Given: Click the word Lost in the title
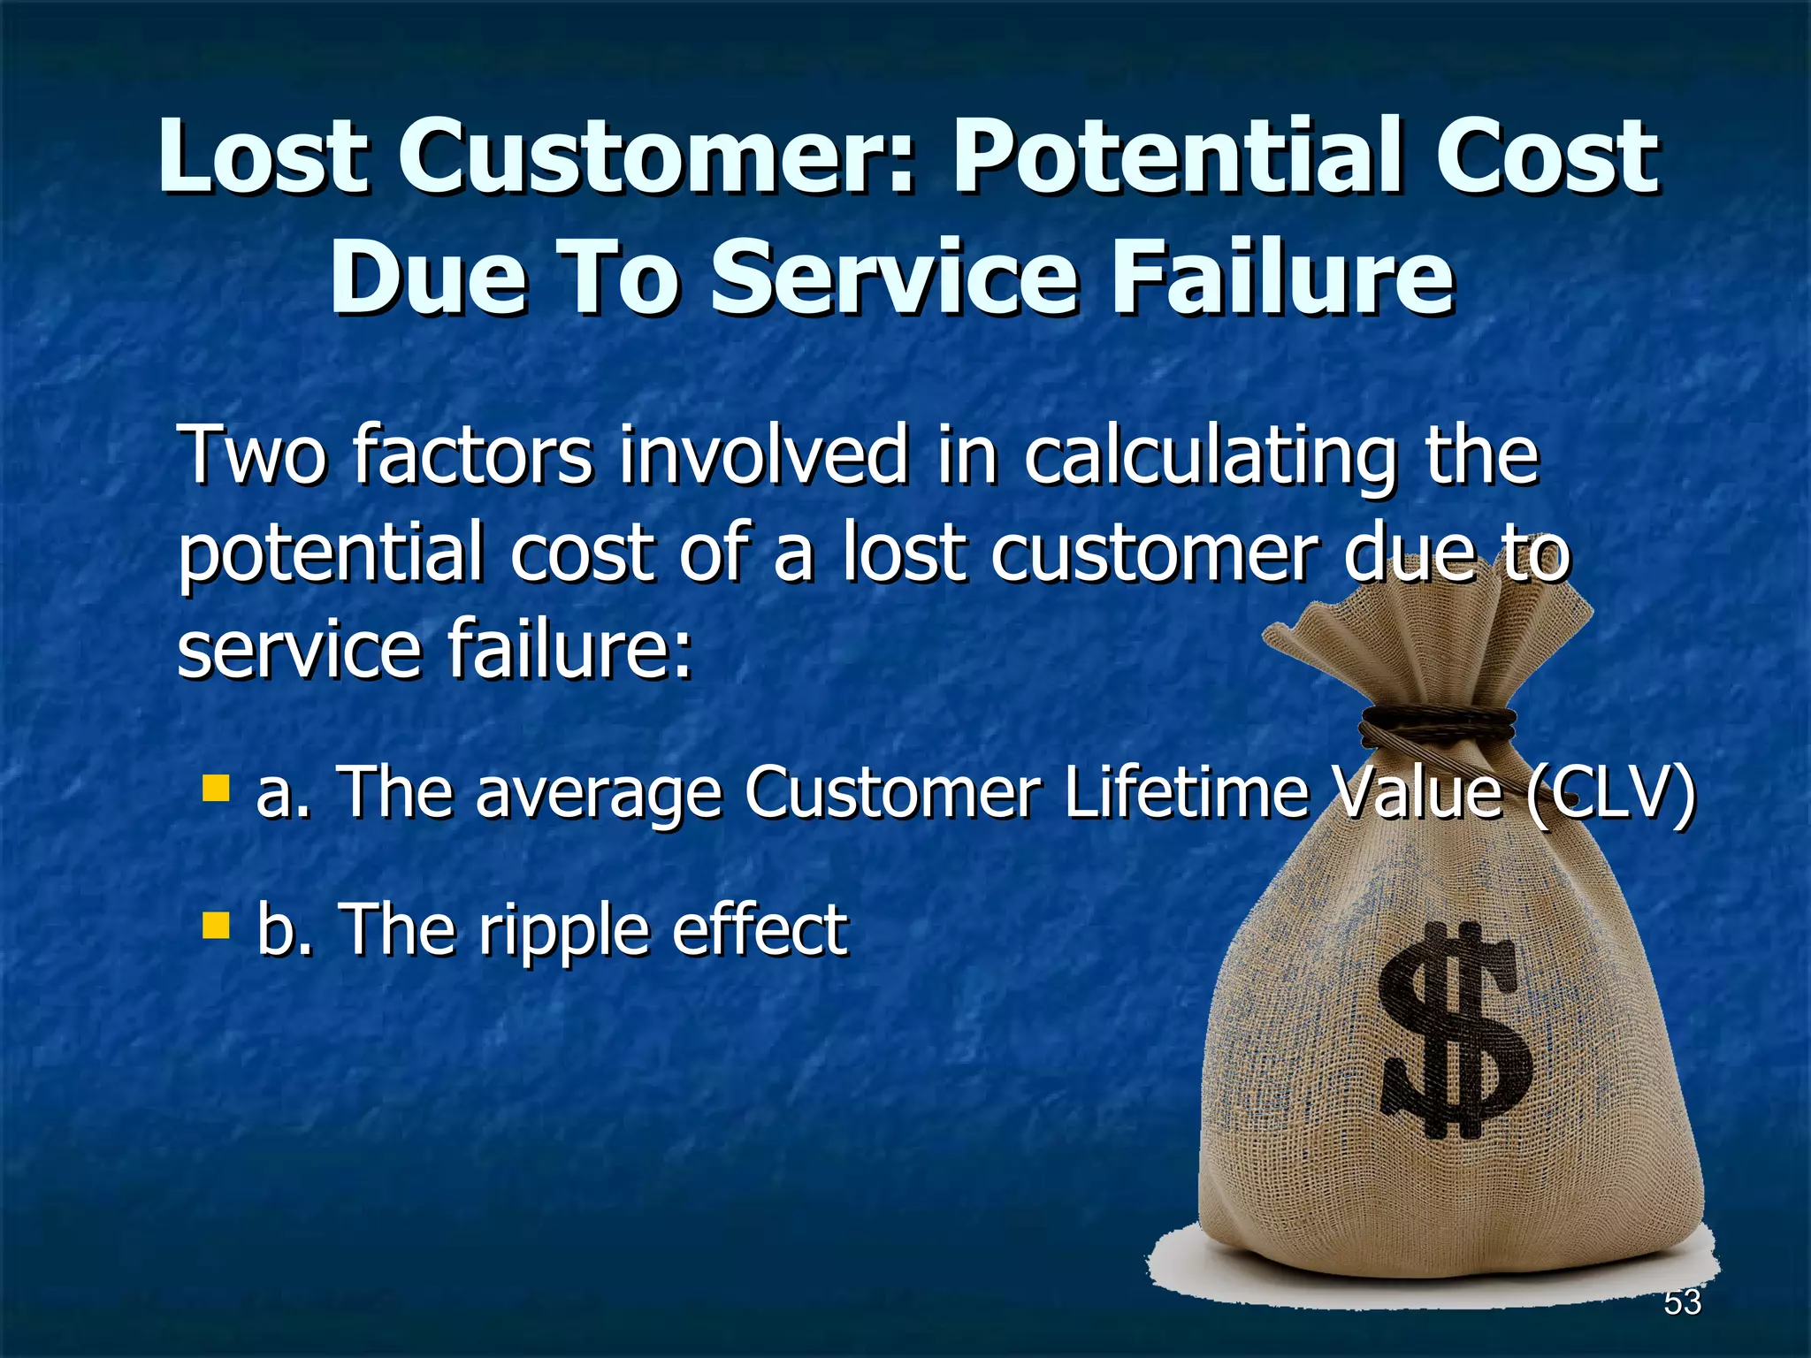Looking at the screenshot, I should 262,157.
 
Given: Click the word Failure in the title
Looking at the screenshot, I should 1281,278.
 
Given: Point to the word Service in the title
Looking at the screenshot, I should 895,278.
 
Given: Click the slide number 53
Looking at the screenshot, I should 1682,1302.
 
